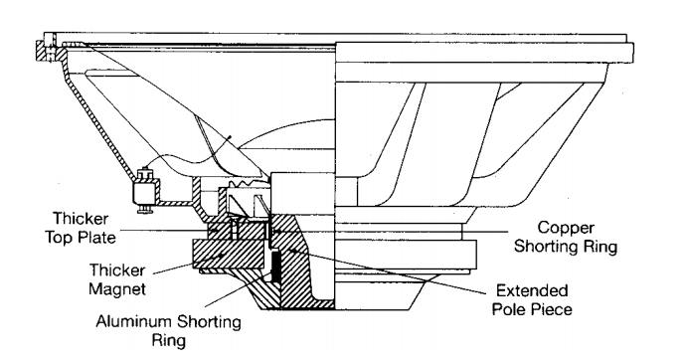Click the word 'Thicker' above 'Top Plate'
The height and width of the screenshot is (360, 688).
(x=81, y=219)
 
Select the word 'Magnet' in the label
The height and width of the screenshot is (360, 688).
(x=117, y=289)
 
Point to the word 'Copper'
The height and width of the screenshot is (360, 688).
(x=566, y=229)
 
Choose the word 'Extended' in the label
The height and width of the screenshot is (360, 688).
(x=532, y=290)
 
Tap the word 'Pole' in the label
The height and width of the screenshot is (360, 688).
(x=509, y=309)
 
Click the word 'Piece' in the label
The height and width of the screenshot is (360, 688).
(x=552, y=309)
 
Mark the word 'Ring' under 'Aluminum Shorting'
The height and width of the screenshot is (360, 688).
(x=169, y=341)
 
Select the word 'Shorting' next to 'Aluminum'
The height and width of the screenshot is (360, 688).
(x=209, y=322)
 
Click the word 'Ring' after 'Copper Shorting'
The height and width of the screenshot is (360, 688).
(x=600, y=247)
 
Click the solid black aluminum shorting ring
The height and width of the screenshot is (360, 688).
(x=276, y=267)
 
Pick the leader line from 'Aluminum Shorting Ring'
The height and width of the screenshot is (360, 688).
(x=241, y=290)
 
